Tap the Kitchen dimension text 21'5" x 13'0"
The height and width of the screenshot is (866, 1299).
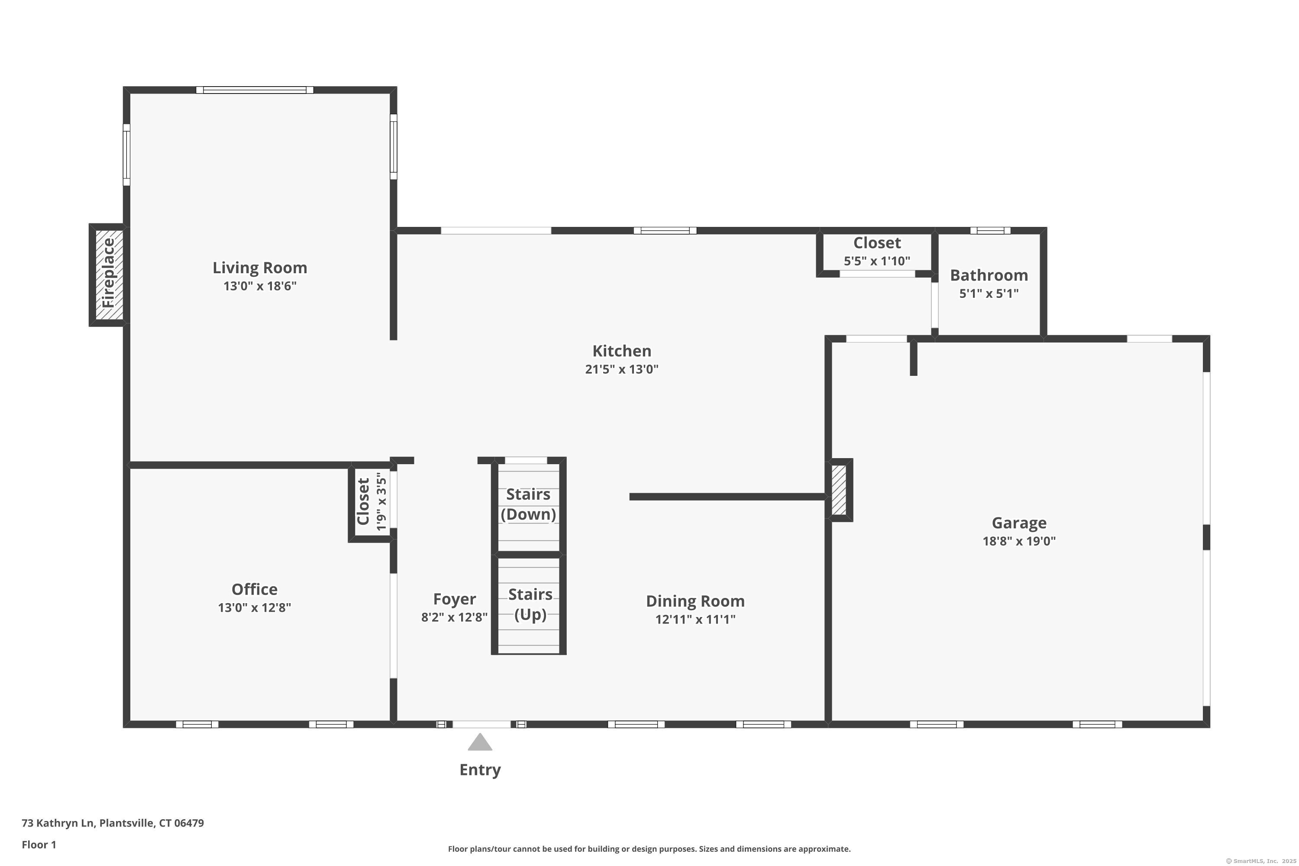click(x=622, y=369)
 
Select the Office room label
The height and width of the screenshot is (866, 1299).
click(x=254, y=589)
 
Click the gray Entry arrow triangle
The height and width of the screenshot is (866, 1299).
click(x=480, y=742)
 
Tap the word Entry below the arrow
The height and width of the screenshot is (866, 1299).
click(x=480, y=770)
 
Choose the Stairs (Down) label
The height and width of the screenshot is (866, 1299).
click(x=529, y=504)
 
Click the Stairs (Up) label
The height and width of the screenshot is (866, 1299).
click(x=530, y=604)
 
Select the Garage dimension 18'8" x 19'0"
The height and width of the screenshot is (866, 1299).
click(x=1019, y=541)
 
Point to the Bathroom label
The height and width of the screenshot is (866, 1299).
click(x=989, y=275)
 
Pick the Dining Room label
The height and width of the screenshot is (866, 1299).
click(x=695, y=601)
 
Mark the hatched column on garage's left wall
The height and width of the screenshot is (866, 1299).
click(x=839, y=490)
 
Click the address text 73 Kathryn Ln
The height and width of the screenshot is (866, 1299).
click(x=58, y=823)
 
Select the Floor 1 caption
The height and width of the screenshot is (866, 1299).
click(x=39, y=844)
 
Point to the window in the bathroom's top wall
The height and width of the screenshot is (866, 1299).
click(x=990, y=230)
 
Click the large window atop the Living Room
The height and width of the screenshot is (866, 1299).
click(x=255, y=90)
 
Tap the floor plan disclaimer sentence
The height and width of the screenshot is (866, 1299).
click(x=649, y=849)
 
